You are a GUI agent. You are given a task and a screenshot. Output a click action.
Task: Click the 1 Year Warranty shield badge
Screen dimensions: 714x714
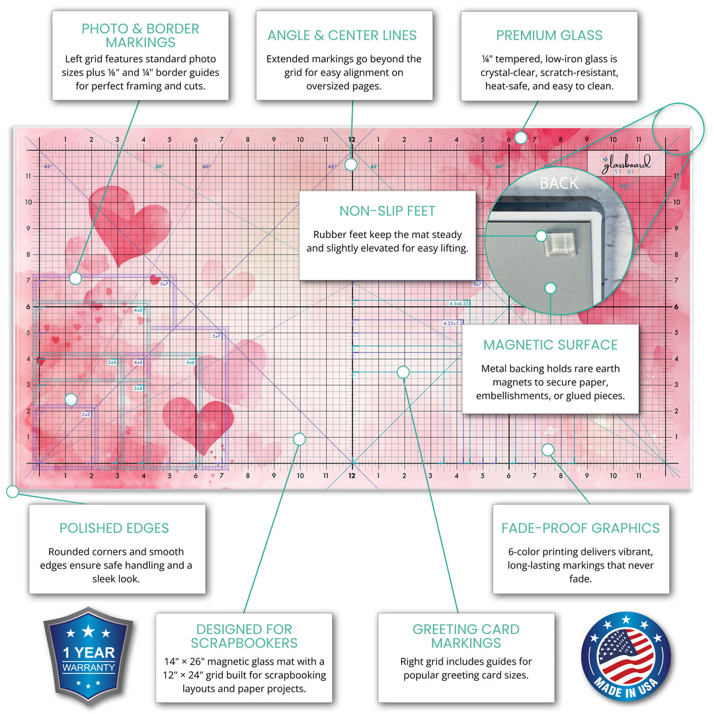88,657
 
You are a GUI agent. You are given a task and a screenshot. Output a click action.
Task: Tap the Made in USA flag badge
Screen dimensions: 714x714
625,657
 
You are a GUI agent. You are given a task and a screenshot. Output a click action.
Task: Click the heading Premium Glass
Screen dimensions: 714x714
549,35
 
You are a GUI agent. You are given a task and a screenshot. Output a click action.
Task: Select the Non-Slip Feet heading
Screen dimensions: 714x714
387,211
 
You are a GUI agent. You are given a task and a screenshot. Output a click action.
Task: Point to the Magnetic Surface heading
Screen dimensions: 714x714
550,344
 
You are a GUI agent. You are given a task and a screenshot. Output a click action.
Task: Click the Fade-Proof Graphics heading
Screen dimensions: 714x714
580,528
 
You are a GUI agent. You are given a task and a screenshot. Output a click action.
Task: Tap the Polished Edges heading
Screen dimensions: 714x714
114,528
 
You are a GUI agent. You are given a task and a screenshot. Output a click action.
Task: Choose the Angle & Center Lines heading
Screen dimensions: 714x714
342,35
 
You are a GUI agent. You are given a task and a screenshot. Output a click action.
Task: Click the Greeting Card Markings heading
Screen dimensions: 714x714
466,636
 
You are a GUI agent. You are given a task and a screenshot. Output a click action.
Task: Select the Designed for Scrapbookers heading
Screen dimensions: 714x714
244,636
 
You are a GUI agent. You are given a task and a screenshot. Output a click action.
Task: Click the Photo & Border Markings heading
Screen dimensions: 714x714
140,36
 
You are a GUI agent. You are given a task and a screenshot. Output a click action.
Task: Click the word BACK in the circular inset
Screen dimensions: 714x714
559,183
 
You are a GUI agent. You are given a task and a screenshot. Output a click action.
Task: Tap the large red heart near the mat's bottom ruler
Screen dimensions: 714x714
198,424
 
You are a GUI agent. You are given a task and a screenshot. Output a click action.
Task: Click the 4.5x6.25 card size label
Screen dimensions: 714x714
459,303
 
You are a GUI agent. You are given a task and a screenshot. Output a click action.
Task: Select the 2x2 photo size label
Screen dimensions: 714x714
85,414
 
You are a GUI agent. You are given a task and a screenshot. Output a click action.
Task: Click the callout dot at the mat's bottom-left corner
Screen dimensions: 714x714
11,491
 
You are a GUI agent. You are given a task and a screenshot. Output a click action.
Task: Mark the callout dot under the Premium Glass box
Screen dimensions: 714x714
520,138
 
